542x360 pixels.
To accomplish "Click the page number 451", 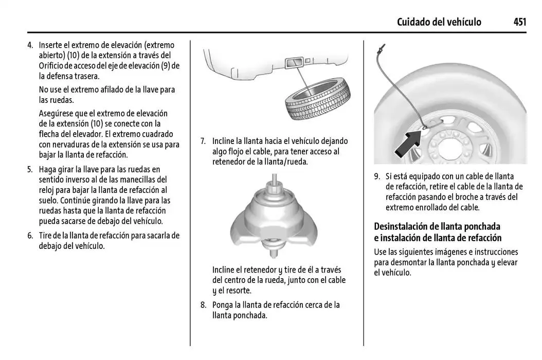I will (x=519, y=22).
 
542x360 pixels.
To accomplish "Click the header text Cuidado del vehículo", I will (x=439, y=22).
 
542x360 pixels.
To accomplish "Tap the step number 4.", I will (x=30, y=45).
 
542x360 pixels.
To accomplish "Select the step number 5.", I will (x=30, y=169).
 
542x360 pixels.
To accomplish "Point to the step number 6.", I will (x=30, y=236).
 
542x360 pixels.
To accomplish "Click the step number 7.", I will (x=203, y=141).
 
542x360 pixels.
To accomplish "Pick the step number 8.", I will (x=203, y=305).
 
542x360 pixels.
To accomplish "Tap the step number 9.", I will (x=377, y=176).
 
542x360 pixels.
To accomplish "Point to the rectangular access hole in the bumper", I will (x=293, y=63).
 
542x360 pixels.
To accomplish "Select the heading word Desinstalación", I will (x=400, y=226).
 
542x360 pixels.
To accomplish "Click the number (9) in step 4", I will (x=168, y=66).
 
